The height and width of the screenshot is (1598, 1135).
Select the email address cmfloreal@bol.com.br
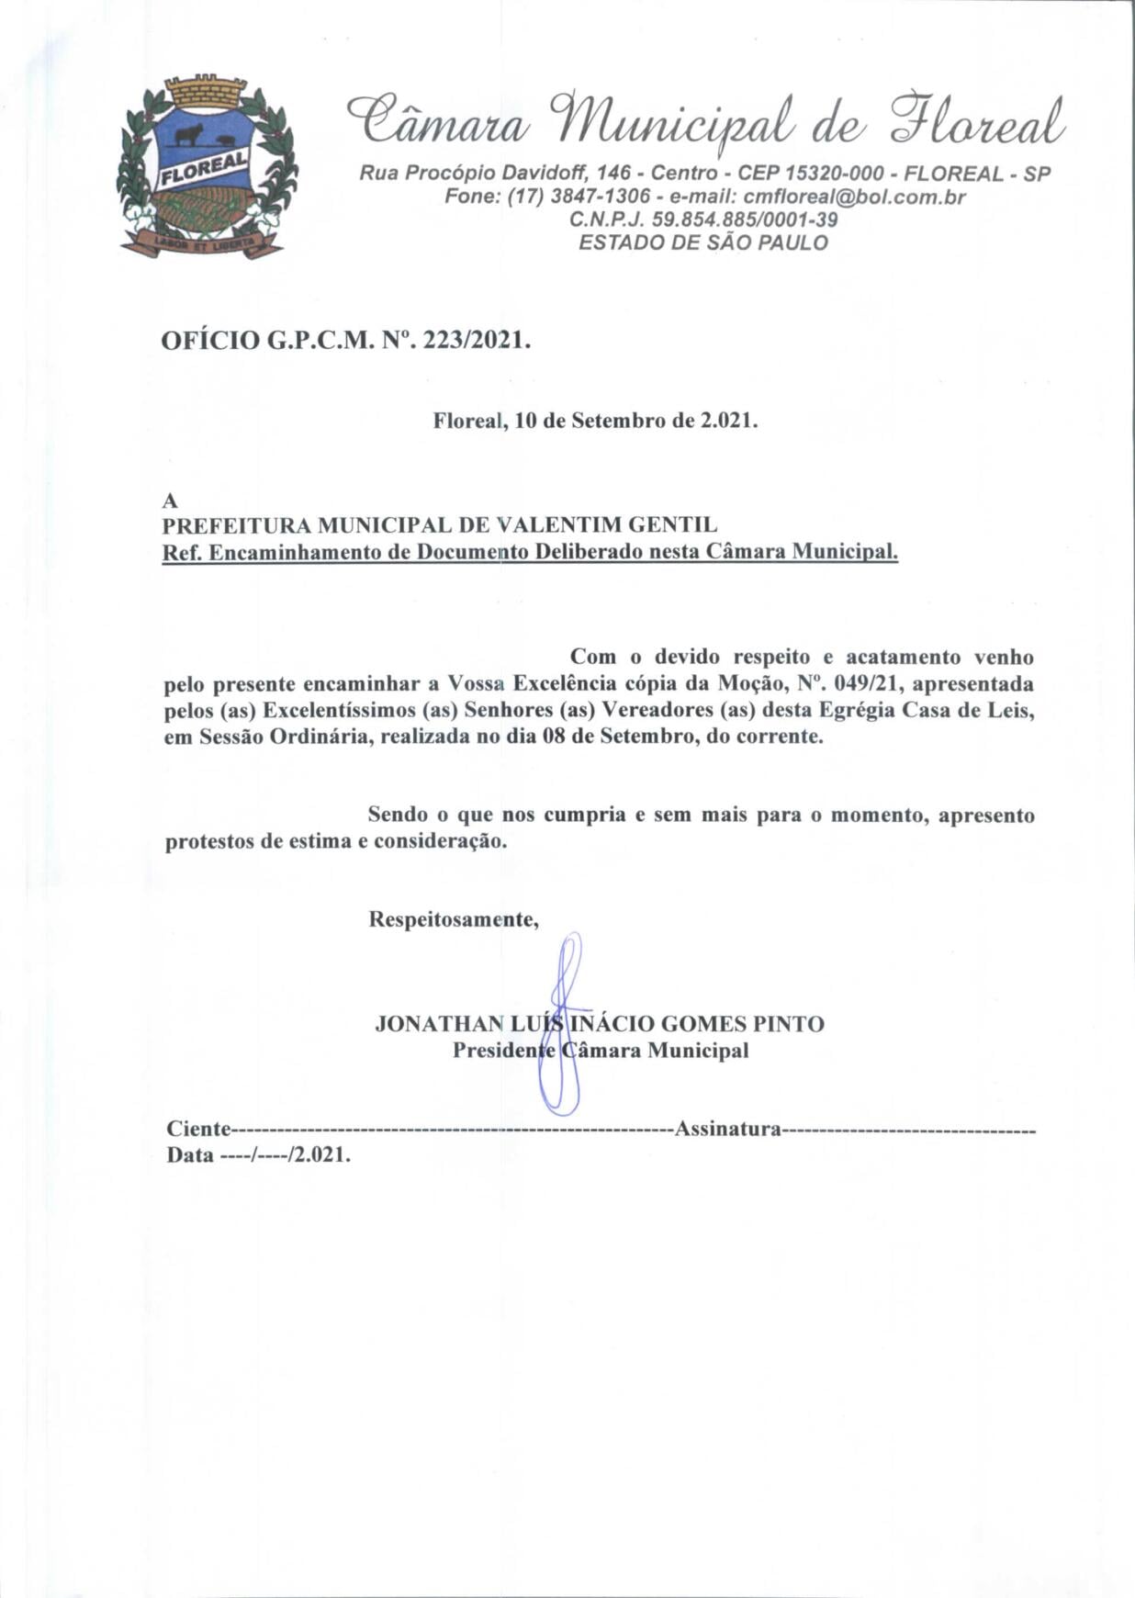[x=854, y=197]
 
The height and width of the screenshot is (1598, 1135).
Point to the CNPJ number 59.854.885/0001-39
[x=744, y=219]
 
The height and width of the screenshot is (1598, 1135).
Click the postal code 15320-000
[x=837, y=174]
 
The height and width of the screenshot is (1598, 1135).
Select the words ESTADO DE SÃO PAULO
[x=702, y=242]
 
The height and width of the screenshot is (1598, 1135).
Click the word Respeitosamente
[x=453, y=919]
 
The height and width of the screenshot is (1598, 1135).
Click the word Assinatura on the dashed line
[x=727, y=1129]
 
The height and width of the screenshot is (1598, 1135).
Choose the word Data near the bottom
[x=189, y=1155]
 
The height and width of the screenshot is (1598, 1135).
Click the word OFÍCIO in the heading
[x=210, y=341]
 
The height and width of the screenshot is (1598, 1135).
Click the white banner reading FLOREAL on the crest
[x=204, y=169]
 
